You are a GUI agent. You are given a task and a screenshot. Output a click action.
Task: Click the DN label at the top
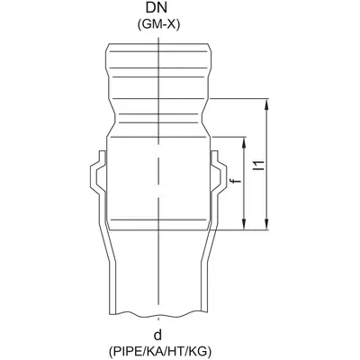click(157, 8)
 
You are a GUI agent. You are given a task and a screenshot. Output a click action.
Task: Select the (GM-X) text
click(158, 25)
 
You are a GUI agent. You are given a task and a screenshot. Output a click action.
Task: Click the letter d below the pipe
click(158, 335)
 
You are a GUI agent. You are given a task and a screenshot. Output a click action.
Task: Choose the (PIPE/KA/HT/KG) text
click(160, 351)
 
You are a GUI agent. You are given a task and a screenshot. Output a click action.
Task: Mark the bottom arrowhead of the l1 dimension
click(266, 224)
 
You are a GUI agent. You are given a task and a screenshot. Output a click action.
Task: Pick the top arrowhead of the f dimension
click(244, 143)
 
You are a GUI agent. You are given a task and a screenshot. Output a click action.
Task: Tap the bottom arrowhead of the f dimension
click(244, 224)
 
